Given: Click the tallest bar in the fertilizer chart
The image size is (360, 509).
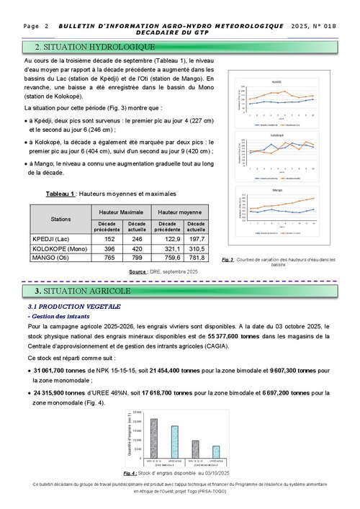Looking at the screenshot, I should pos(153,437).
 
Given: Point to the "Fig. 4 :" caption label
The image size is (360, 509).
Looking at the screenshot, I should pos(131,472).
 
